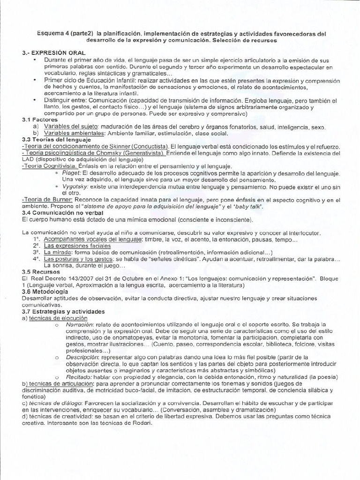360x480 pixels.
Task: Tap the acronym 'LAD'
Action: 28,160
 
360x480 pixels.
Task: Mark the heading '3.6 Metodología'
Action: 45,292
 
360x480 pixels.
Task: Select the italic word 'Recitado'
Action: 78,377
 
